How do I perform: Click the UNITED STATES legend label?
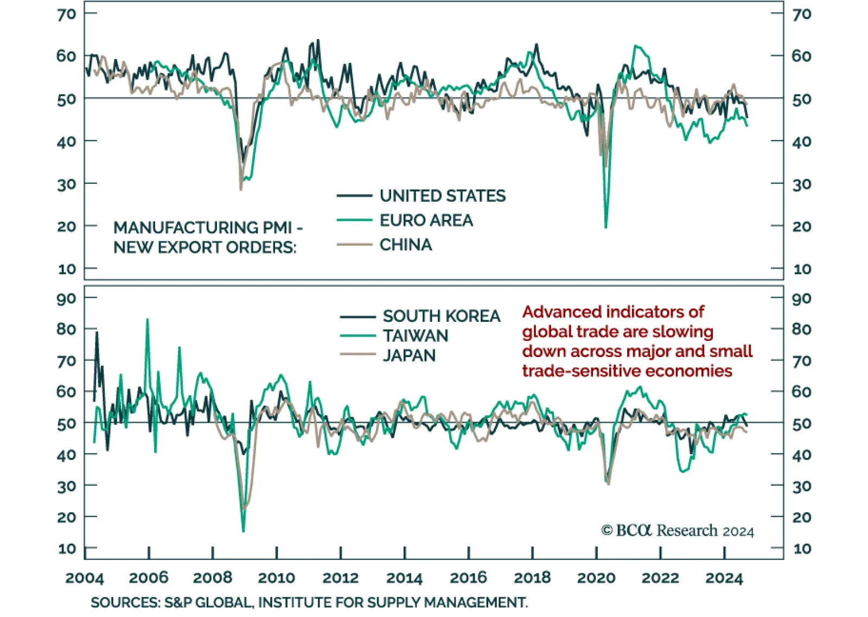(442, 195)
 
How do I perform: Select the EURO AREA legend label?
(426, 220)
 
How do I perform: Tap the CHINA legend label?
(406, 245)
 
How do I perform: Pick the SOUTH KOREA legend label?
(441, 316)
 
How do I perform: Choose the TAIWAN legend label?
(416, 336)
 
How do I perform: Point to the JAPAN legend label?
(409, 355)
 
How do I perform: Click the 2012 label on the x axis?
(340, 578)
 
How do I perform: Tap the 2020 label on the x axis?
(596, 578)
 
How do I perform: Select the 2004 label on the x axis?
(85, 578)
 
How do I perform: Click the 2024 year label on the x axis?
(724, 578)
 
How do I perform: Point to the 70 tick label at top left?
(67, 14)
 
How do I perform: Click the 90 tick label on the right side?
(801, 298)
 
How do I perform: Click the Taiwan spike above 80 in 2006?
(147, 320)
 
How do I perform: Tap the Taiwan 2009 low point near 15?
(243, 531)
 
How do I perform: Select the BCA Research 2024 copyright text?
(678, 530)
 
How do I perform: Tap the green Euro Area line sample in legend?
(354, 220)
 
